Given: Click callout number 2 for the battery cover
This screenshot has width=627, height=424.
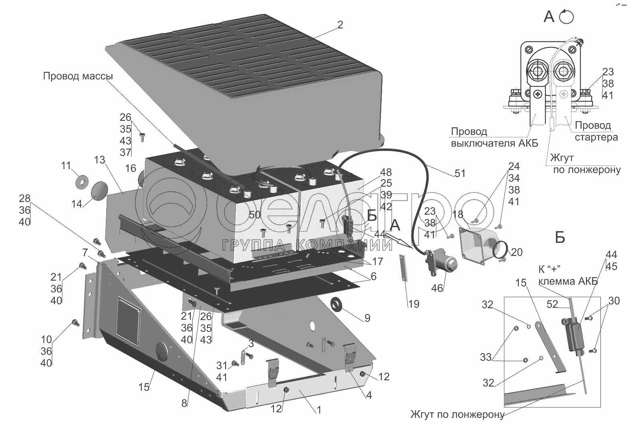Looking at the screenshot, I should pyautogui.click(x=340, y=25).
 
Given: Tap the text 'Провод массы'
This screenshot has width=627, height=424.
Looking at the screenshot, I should pyautogui.click(x=78, y=76).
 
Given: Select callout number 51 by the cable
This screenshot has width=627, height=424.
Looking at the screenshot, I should pyautogui.click(x=460, y=173).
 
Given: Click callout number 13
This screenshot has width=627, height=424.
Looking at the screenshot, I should pyautogui.click(x=99, y=160).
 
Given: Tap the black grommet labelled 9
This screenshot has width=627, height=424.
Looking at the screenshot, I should pyautogui.click(x=337, y=305).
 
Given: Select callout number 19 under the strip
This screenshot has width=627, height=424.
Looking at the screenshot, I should pyautogui.click(x=413, y=304).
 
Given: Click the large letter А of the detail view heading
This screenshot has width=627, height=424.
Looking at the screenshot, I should pyautogui.click(x=549, y=17).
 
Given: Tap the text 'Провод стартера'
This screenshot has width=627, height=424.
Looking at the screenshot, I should pyautogui.click(x=594, y=131).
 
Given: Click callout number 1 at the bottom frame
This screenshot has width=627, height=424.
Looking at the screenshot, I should pyautogui.click(x=319, y=410).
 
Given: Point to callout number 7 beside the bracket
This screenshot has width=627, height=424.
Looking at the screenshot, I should pyautogui.click(x=85, y=252).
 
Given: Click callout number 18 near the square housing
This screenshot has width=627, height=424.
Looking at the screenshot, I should pyautogui.click(x=458, y=214).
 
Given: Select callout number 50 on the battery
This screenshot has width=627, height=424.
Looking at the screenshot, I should pyautogui.click(x=254, y=215).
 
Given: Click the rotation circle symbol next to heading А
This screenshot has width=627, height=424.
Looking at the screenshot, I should pyautogui.click(x=566, y=17).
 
